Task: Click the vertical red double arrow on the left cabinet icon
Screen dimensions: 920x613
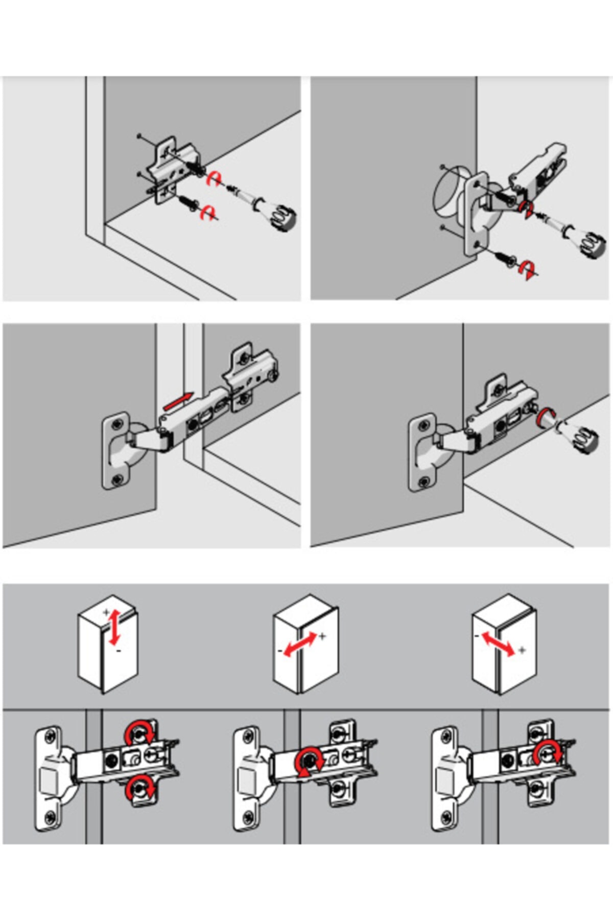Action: [x=114, y=626]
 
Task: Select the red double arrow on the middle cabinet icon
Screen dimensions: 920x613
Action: [x=300, y=643]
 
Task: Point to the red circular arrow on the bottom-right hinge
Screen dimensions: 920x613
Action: [x=548, y=752]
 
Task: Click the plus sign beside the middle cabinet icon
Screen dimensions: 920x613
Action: [x=322, y=636]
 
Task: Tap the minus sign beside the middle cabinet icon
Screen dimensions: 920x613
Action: [x=280, y=651]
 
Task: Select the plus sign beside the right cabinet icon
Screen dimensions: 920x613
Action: [x=522, y=650]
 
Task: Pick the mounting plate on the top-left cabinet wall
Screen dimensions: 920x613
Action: [x=169, y=171]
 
